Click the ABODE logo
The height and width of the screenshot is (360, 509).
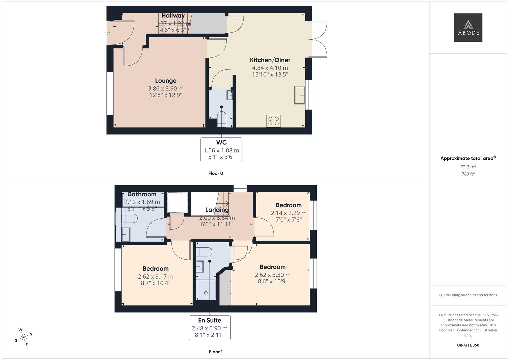click(x=468, y=27)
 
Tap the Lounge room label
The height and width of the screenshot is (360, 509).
click(x=166, y=81)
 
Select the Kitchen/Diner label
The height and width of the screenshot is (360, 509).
click(x=270, y=60)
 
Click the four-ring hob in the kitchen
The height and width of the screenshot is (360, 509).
click(x=274, y=121)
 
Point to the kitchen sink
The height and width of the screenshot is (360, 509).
click(x=300, y=95)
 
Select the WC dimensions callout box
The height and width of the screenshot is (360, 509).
click(x=221, y=150)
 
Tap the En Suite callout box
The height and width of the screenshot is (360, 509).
click(x=209, y=328)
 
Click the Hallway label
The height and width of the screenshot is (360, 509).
click(x=173, y=16)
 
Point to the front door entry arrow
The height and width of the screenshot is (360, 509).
click(x=107, y=33)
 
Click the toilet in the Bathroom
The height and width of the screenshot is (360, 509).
click(x=129, y=219)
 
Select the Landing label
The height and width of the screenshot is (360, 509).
click(x=217, y=210)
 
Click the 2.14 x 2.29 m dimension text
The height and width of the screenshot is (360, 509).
click(x=289, y=213)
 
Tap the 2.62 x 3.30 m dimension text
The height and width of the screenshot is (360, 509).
click(x=273, y=275)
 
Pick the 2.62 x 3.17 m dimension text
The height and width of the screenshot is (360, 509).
click(x=156, y=277)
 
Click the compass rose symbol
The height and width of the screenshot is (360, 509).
click(x=23, y=337)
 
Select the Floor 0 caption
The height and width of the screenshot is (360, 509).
click(x=216, y=173)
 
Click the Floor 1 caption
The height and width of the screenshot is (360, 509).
click(x=216, y=352)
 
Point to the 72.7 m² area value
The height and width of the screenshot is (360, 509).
click(x=468, y=167)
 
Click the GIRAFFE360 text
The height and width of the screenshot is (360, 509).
click(x=468, y=345)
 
